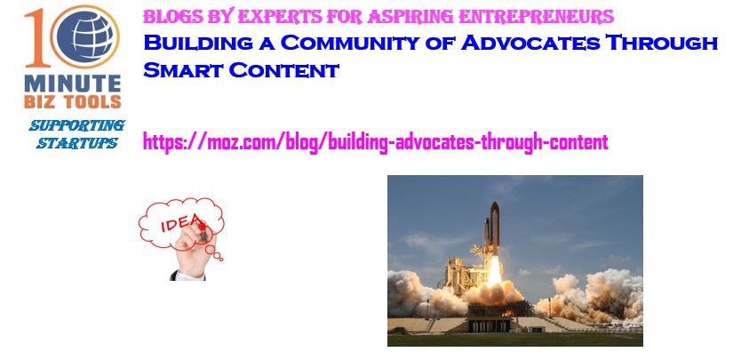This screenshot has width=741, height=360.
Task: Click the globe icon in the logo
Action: [85, 36]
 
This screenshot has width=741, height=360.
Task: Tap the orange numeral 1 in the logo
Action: [36, 38]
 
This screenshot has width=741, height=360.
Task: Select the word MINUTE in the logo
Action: [73, 84]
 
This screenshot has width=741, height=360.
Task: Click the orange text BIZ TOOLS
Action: [73, 101]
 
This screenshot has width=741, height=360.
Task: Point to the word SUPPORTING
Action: [77, 126]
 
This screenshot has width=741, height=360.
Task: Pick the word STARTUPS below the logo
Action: [77, 143]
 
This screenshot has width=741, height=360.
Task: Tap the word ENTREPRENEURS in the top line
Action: [537, 17]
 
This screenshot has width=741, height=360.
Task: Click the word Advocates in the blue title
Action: [530, 43]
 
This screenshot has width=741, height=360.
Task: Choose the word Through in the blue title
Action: [662, 43]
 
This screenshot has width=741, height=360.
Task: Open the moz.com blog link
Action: [376, 142]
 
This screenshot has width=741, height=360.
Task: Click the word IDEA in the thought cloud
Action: [181, 223]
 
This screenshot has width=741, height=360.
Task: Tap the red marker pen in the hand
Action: [203, 231]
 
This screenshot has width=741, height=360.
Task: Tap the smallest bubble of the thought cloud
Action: [220, 260]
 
